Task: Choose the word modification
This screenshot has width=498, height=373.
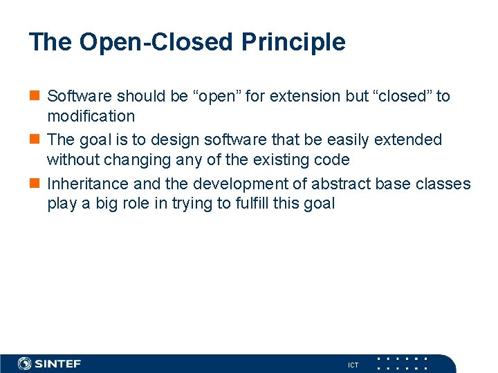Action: tap(91, 116)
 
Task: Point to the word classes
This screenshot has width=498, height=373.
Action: tap(442, 184)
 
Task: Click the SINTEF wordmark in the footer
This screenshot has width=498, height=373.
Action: tap(58, 363)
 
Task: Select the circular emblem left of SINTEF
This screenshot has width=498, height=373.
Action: tap(25, 363)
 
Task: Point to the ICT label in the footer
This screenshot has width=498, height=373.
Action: tap(353, 365)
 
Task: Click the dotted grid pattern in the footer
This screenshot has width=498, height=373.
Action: tap(401, 363)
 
